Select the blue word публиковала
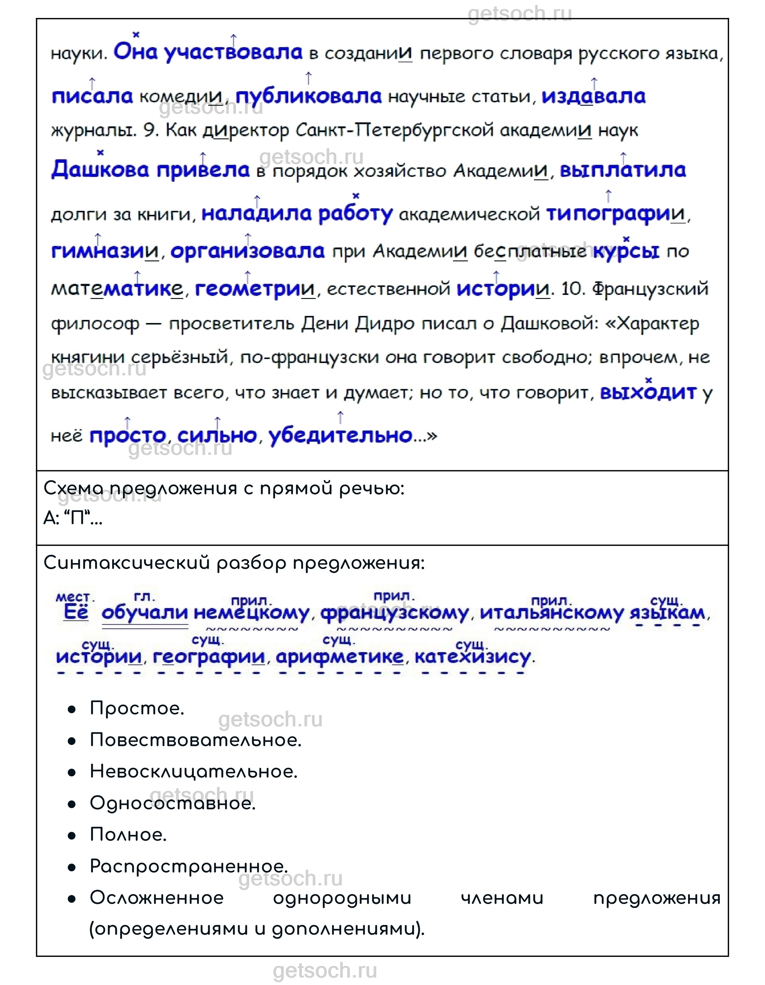(x=308, y=96)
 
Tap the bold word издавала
(x=593, y=96)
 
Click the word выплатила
(x=622, y=170)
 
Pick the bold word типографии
(x=615, y=214)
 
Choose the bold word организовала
(x=248, y=251)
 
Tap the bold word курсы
(x=626, y=251)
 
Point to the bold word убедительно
(x=340, y=435)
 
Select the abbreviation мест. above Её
(x=75, y=598)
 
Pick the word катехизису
(x=472, y=657)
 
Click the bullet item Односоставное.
(x=173, y=803)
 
